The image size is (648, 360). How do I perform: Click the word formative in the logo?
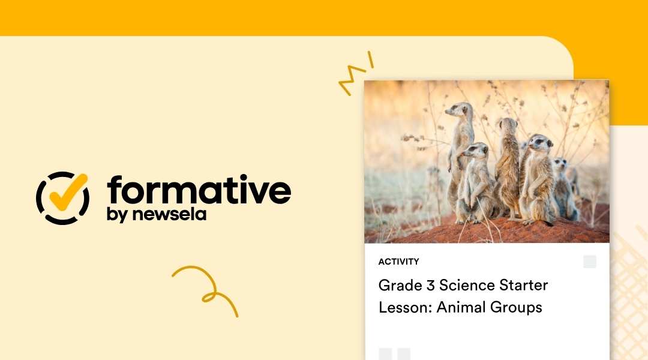tap(199, 190)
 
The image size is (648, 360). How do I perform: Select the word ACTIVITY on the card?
tap(398, 262)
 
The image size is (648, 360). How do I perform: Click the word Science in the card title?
tap(467, 284)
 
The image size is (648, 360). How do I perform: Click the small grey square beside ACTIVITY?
tap(590, 262)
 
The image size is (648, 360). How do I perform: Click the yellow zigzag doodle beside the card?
tap(356, 74)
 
